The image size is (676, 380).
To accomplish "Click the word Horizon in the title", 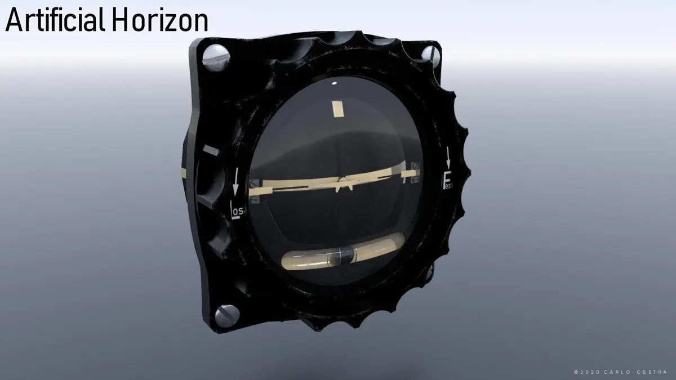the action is pyautogui.click(x=162, y=20).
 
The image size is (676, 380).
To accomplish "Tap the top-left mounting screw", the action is pyautogui.click(x=215, y=57).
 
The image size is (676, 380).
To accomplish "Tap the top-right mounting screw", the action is pyautogui.click(x=430, y=56).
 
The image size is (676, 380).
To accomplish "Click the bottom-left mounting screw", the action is pyautogui.click(x=227, y=316).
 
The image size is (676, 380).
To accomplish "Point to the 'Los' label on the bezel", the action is pyautogui.click(x=237, y=209).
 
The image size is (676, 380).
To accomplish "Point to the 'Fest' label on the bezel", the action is pyautogui.click(x=447, y=181).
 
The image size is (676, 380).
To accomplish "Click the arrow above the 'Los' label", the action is pyautogui.click(x=236, y=182).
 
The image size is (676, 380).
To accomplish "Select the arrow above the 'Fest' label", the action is pyautogui.click(x=448, y=158).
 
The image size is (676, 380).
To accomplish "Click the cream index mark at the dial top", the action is pyautogui.click(x=338, y=109).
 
